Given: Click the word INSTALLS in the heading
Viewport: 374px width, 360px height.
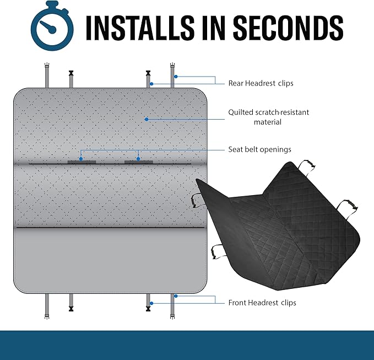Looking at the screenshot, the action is point(140,28).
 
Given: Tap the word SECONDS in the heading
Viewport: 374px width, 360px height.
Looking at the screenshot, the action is point(288,28).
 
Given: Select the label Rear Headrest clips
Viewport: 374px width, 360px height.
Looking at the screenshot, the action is point(261,83).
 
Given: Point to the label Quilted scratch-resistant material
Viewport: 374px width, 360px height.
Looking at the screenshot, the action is point(268,117).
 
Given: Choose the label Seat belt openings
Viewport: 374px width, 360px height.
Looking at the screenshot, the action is point(260,149).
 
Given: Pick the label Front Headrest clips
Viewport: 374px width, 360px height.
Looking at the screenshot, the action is point(262,303).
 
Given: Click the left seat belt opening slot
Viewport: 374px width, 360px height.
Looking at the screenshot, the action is point(82,162).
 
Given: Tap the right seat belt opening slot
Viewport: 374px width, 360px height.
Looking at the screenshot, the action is point(139,162).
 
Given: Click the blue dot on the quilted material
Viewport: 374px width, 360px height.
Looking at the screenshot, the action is point(147,119).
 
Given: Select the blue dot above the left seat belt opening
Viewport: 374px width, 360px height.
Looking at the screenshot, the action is point(81,159).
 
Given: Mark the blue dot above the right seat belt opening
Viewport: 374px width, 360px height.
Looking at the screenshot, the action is point(138,159).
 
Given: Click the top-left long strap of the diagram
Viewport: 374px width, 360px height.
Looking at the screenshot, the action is point(47,75).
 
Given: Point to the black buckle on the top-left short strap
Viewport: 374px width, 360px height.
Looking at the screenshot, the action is point(71,73).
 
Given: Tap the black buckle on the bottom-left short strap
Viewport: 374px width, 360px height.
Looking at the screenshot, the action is point(71,308).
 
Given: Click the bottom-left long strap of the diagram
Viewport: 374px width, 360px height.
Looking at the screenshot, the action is point(47,307).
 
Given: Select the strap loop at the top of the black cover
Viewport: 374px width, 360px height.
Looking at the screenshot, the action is point(307,165).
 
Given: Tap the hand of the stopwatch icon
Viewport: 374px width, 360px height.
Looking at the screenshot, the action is point(48,26).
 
